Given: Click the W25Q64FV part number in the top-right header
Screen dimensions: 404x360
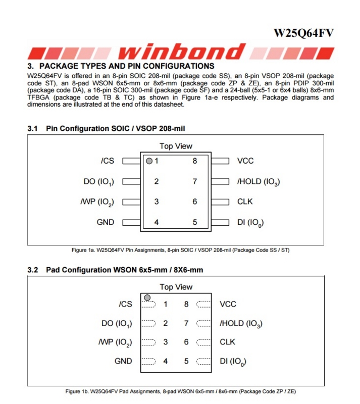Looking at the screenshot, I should point(303,33).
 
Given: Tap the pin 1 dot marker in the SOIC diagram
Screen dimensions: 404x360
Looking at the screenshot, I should point(149,162).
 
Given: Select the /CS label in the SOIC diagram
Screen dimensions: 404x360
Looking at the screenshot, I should point(108,161).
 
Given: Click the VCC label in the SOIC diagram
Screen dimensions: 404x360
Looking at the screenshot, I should point(245,161).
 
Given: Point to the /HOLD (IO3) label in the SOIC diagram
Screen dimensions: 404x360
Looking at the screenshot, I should point(259,182).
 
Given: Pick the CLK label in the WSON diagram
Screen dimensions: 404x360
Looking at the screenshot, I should point(227,342).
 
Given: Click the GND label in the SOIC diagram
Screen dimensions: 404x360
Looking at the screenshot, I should point(106,222).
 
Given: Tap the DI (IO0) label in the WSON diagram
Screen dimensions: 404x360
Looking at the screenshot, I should point(233,362).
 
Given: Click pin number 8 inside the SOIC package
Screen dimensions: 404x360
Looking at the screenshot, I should point(194,161).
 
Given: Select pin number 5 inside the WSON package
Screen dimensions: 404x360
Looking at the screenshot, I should point(186,361).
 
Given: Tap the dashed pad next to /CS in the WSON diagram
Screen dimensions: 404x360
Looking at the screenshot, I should point(148,305).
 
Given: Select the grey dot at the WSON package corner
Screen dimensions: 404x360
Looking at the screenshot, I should point(147,297).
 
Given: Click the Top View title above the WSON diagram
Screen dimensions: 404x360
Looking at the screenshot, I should point(176,287).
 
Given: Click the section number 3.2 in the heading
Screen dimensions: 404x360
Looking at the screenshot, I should point(33,270).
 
